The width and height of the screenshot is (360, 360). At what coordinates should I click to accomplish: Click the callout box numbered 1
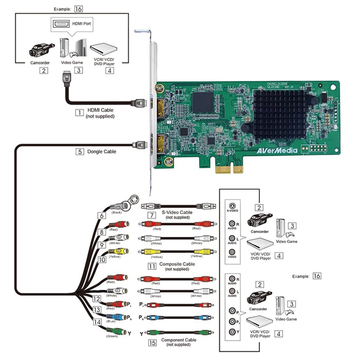(x=79, y=111)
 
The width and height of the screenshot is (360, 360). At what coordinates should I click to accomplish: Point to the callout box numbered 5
(x=79, y=152)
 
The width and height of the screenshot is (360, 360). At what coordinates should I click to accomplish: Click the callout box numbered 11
(x=152, y=266)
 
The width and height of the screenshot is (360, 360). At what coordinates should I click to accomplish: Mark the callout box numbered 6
(x=102, y=216)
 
